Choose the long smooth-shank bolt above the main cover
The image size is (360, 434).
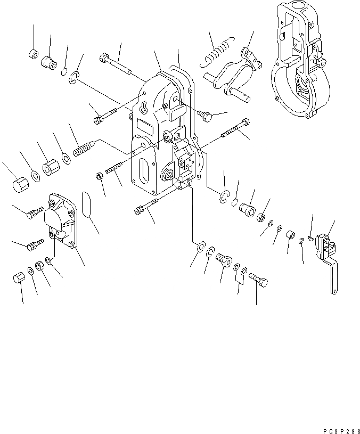(x=116, y=63)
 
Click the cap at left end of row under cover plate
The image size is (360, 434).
(x=19, y=278)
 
